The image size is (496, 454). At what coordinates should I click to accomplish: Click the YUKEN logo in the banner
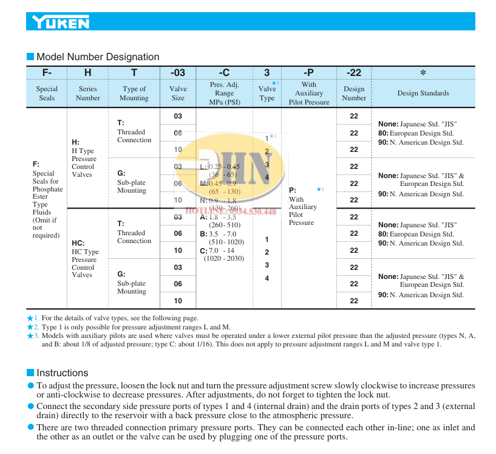(x=61, y=23)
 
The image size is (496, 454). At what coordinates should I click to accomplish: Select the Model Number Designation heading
(x=98, y=57)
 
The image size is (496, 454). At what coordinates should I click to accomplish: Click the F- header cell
(x=46, y=73)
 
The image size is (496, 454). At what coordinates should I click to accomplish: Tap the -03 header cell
(x=178, y=73)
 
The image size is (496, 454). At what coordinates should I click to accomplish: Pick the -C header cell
(x=224, y=73)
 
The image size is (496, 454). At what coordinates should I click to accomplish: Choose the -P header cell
(x=308, y=73)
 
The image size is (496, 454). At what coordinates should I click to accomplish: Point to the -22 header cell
(x=353, y=73)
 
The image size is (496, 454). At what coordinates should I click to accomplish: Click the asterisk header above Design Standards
(x=423, y=73)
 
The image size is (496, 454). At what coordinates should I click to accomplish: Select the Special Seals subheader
(x=46, y=93)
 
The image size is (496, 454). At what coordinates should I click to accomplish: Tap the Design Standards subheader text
(x=423, y=93)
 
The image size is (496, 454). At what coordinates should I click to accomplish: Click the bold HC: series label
(x=78, y=243)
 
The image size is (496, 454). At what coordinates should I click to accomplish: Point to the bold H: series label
(x=75, y=142)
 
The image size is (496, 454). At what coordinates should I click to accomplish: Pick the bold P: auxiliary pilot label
(x=292, y=190)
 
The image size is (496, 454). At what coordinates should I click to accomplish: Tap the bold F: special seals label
(x=36, y=164)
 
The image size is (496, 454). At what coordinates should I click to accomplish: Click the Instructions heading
(x=62, y=373)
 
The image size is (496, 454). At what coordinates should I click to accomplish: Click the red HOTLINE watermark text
(x=231, y=212)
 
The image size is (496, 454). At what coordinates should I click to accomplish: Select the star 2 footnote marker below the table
(x=32, y=327)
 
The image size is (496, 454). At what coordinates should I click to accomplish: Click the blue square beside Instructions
(x=30, y=373)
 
